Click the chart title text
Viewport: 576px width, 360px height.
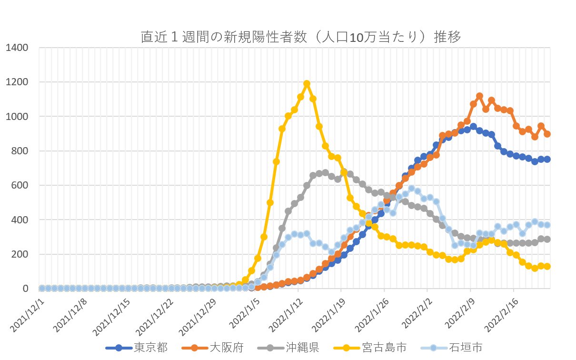(x=301, y=37)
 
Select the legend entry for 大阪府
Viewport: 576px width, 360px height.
(x=227, y=348)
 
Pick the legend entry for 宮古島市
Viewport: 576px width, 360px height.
(x=384, y=348)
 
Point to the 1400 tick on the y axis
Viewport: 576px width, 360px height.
(x=18, y=48)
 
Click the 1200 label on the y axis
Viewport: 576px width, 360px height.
(x=18, y=82)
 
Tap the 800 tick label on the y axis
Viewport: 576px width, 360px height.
(x=20, y=151)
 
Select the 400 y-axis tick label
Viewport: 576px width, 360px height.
(x=20, y=220)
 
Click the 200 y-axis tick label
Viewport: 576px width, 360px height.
(x=20, y=254)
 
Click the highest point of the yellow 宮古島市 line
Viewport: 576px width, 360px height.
(x=307, y=84)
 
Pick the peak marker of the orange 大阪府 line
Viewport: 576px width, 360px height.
(x=479, y=96)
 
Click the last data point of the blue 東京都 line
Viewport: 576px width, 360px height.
(x=547, y=159)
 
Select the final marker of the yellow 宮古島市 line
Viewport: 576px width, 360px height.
(x=547, y=266)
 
